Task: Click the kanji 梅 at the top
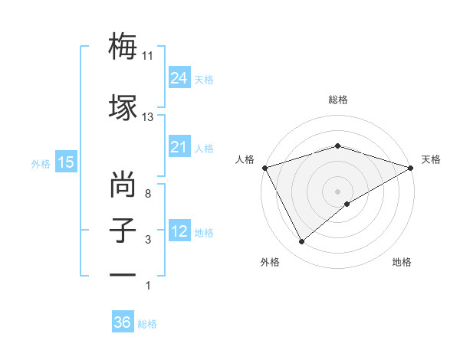tap(123, 47)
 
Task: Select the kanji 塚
tap(123, 106)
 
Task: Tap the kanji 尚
tap(123, 185)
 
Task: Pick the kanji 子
tap(123, 231)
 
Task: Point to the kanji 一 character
tap(123, 274)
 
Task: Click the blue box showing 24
tap(179, 78)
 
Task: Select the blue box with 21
tap(179, 148)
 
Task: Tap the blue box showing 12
tap(179, 232)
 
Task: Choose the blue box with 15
tap(65, 162)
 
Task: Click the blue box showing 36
tap(122, 322)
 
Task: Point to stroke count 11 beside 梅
tap(148, 55)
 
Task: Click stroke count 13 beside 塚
tap(148, 117)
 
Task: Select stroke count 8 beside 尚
tap(148, 194)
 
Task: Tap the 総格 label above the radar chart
tap(337, 100)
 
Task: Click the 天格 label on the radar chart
tap(431, 159)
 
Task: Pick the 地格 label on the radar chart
tap(402, 263)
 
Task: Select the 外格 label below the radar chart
tap(270, 263)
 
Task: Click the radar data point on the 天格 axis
tap(411, 167)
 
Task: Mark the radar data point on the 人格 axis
tap(264, 167)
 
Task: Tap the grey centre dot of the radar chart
tap(337, 191)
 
